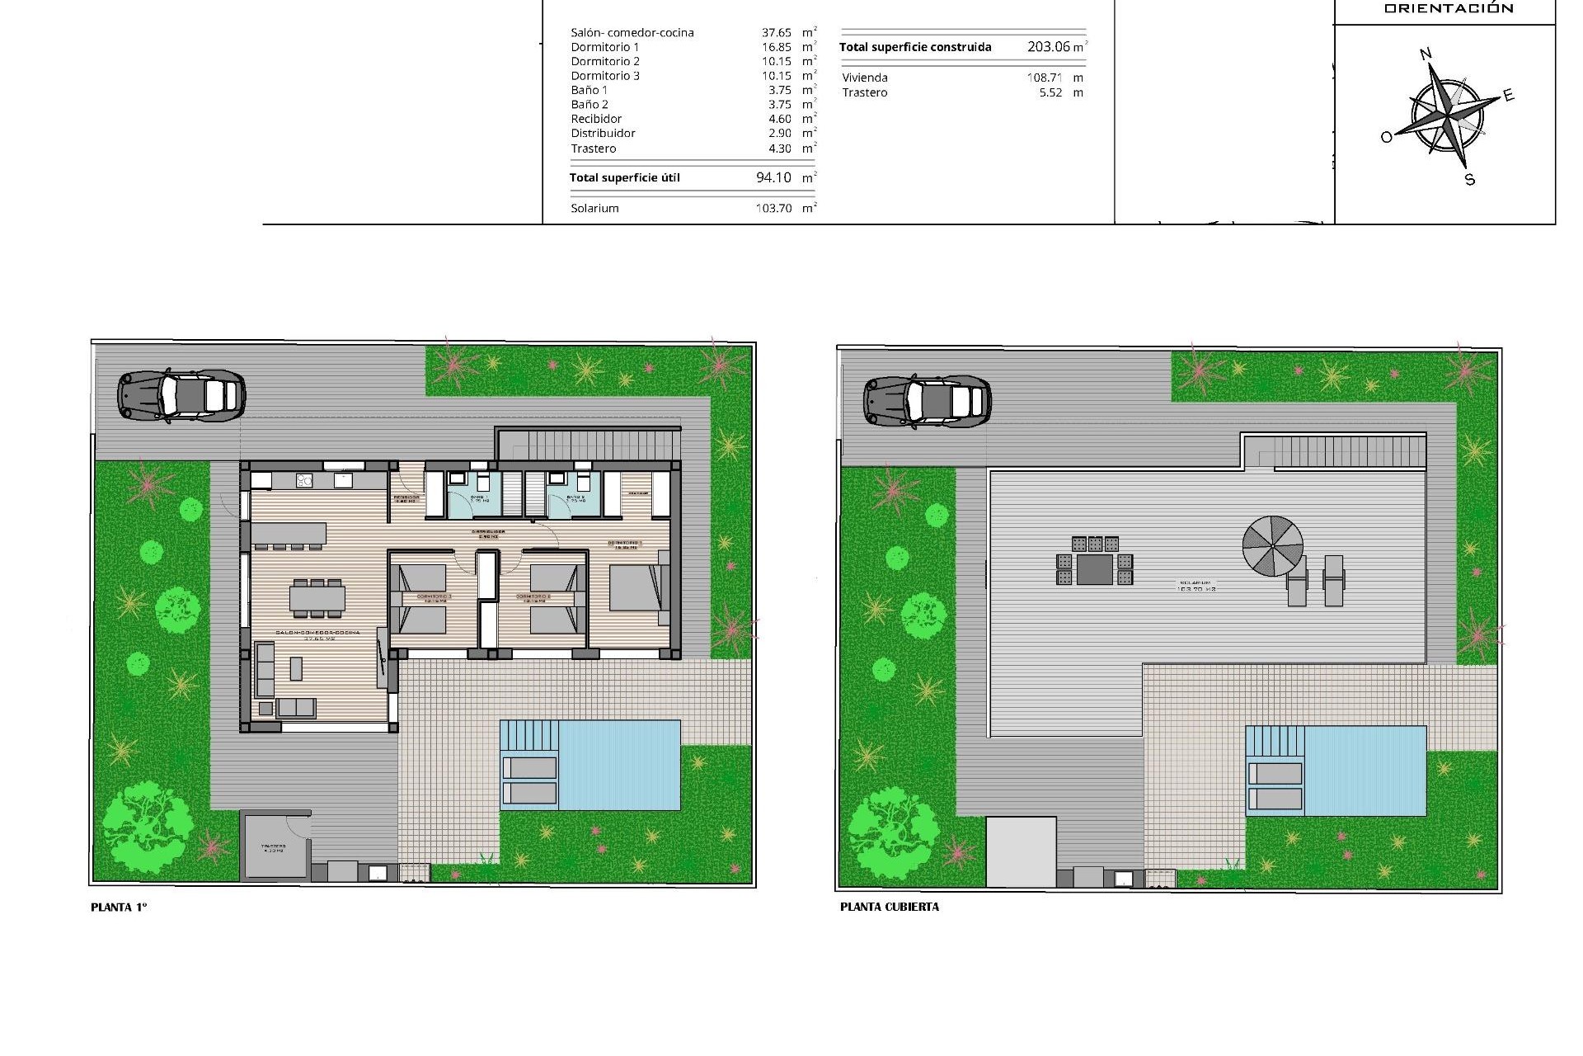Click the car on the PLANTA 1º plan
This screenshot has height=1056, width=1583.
(181, 396)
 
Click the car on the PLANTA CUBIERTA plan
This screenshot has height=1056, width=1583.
(928, 402)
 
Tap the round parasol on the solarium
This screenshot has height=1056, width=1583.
(1272, 546)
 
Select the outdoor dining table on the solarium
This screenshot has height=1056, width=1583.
(1094, 568)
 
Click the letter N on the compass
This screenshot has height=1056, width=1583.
(1425, 55)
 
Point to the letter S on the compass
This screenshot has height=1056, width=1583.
(1469, 180)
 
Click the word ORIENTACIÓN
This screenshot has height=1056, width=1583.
(1449, 9)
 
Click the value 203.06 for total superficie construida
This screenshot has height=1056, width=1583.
(1049, 47)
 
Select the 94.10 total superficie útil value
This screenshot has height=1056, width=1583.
(773, 177)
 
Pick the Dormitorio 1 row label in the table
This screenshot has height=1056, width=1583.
(605, 47)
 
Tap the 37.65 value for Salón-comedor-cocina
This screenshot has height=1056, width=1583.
(776, 33)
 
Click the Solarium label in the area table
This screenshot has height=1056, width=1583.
(594, 209)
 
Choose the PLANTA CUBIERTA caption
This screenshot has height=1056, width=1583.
(889, 907)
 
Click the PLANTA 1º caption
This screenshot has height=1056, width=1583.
(119, 907)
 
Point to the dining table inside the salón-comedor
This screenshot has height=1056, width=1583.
(317, 598)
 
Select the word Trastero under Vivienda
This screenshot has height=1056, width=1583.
(865, 92)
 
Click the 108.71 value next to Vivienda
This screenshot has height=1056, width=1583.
(1043, 78)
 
